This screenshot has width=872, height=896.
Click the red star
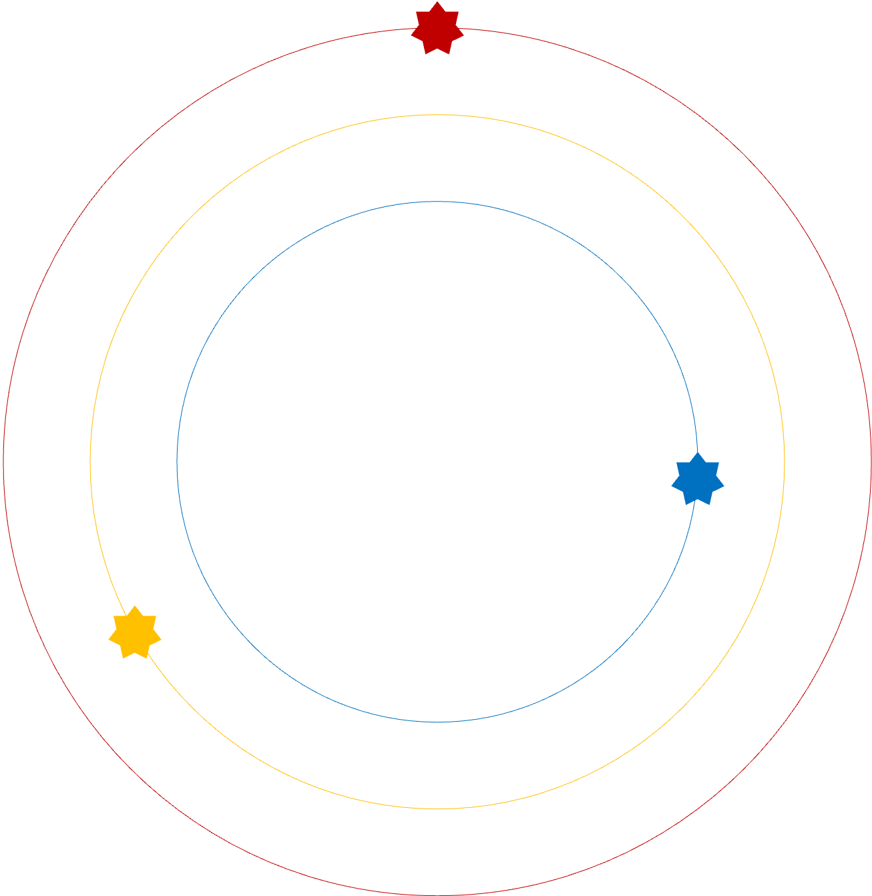[x=437, y=29]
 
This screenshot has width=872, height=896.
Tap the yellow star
[x=135, y=633]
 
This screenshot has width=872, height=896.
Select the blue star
[x=698, y=479]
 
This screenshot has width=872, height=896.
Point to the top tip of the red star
[x=437, y=2]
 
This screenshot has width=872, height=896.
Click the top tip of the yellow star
[x=135, y=606]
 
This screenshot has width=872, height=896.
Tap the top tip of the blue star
[x=698, y=453]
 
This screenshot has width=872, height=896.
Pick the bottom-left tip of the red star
[x=425, y=53]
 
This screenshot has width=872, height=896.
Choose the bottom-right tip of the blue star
[x=710, y=504]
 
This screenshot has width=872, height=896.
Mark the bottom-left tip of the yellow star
[x=123, y=658]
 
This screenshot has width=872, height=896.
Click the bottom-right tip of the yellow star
[x=147, y=658]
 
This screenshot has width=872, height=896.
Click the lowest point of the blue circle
[x=437, y=722]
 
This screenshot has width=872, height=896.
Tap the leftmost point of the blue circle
[x=177, y=461]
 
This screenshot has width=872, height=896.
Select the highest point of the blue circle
[x=437, y=201]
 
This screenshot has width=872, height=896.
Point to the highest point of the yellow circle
[x=437, y=115]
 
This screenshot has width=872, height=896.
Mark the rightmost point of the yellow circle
[x=785, y=461]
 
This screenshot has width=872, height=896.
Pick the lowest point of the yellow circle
[x=437, y=809]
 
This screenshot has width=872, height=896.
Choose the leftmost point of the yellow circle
[x=90, y=461]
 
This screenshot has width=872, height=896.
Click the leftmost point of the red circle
[x=3, y=461]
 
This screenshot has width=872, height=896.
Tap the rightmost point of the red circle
[x=871, y=461]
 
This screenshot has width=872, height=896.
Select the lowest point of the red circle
[x=437, y=895]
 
